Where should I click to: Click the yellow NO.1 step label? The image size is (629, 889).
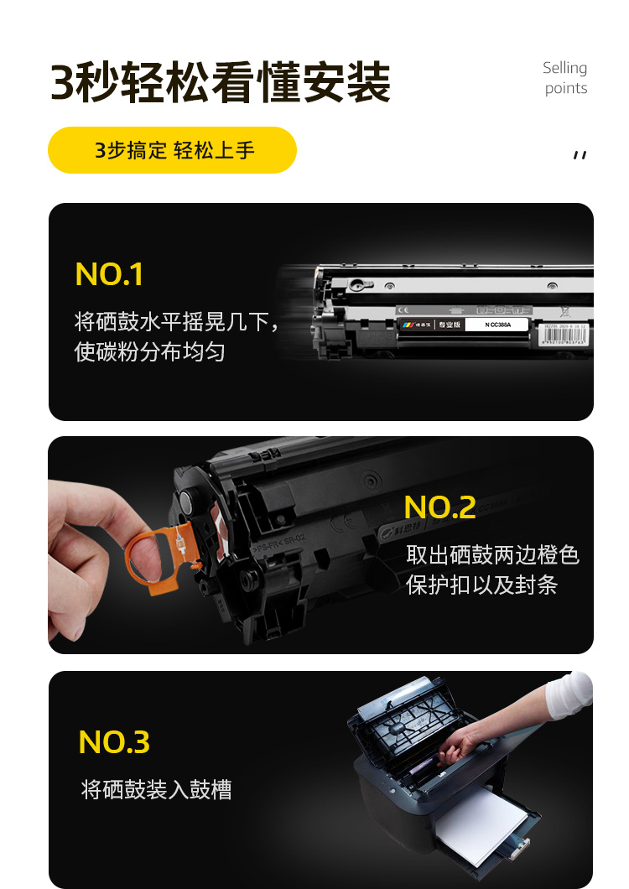109,274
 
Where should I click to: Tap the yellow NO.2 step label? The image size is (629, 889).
439,507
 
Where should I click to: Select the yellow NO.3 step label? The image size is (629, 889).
114,742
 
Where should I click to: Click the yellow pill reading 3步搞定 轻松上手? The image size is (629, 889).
173,151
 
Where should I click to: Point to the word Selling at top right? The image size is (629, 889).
564,68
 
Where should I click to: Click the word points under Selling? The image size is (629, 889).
566,89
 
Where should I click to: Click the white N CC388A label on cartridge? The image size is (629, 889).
499,324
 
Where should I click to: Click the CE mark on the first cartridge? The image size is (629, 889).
402,309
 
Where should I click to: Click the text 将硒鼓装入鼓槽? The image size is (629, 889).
156,789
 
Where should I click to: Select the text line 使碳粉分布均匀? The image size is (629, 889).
150,351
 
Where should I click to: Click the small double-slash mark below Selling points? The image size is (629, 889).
579,154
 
